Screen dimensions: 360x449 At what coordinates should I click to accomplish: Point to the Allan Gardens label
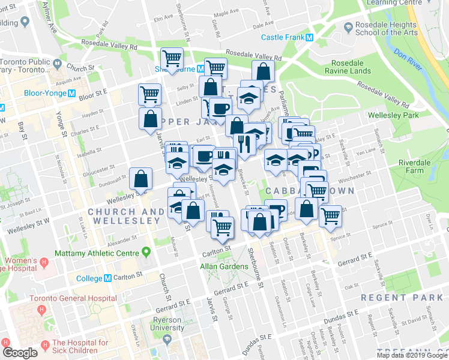coord(223,265)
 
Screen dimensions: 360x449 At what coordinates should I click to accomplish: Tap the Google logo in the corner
coord(20,353)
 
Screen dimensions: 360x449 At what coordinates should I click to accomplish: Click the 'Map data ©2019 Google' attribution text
coord(412,355)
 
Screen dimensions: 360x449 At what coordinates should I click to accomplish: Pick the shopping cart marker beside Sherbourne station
coord(172,59)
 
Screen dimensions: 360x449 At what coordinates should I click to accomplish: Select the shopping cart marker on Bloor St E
coord(149,94)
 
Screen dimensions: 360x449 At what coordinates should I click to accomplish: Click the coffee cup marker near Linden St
coord(220,108)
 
